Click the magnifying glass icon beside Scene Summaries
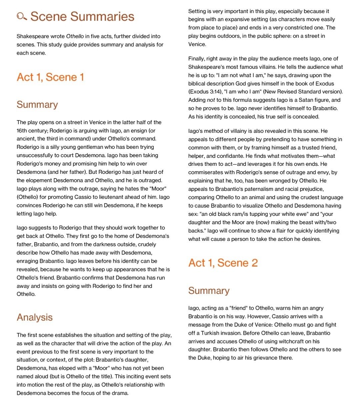[x=22, y=16]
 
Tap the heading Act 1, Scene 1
[x=50, y=77]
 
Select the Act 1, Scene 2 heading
[x=223, y=263]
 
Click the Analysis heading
[x=35, y=317]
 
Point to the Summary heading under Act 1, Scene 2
[x=209, y=291]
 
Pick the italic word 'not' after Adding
[x=211, y=100]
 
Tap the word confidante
[x=231, y=156]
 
